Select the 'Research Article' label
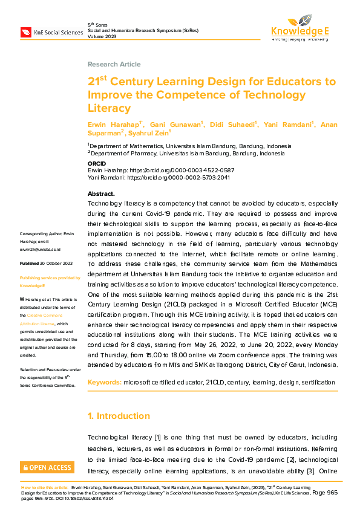pos(114,64)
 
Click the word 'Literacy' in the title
pos(109,108)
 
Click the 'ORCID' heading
pos(96,164)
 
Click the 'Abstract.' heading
pos(101,193)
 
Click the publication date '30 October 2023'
pos(56,264)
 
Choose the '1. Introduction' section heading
pos(119,416)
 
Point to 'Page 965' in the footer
pos(327,493)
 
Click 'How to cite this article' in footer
pos(45,487)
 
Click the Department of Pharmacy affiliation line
pos(182,154)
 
